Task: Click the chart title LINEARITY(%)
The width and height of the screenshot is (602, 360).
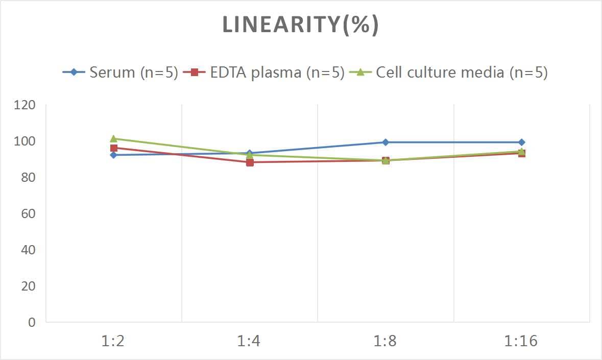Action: [300, 25]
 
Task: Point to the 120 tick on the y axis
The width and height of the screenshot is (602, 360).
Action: [25, 105]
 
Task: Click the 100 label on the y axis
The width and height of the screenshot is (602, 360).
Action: [25, 141]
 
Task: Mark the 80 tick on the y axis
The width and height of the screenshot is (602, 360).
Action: [28, 177]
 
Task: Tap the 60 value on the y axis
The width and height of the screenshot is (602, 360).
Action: [28, 213]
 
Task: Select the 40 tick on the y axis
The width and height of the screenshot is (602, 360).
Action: [28, 250]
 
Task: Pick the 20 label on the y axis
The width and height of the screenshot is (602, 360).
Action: [28, 286]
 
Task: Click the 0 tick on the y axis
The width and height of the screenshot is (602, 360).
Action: [32, 322]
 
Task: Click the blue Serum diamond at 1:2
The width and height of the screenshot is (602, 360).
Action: [113, 155]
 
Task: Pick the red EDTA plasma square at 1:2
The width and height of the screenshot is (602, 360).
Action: [114, 148]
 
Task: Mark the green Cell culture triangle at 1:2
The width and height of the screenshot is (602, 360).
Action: [113, 138]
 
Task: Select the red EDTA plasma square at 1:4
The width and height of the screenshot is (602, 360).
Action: [250, 162]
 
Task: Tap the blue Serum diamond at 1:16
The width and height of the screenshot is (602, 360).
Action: [521, 142]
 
